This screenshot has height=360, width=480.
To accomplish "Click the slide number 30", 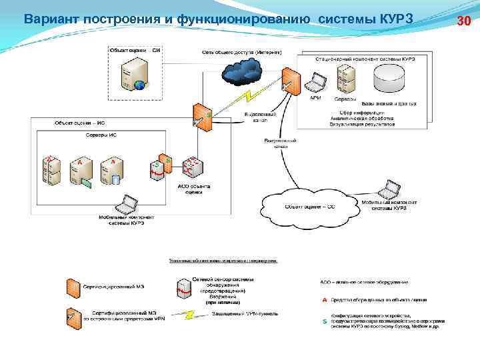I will point(464,21).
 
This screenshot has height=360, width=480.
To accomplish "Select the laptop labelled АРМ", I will point(319,82).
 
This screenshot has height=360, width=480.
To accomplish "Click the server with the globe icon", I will point(133,73).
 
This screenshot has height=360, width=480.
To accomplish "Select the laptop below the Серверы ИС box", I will point(127,203).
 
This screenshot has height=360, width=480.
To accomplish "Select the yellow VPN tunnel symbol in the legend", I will point(189,313).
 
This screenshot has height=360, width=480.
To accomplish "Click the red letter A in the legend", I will point(324,300).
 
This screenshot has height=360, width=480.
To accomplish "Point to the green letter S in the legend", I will point(324,318).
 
